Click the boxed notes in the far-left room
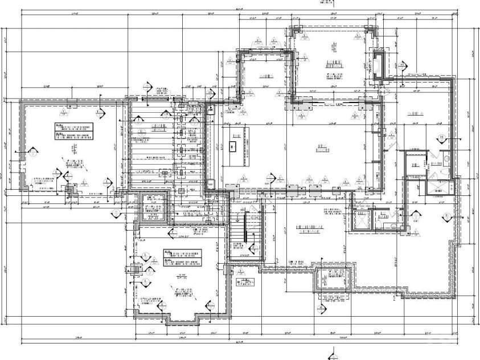tap(73, 130)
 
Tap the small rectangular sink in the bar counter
tap(233, 147)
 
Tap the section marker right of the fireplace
tap(402, 66)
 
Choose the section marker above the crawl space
tap(150, 88)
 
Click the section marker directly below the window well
tap(322, 308)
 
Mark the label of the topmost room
tap(333, 64)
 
